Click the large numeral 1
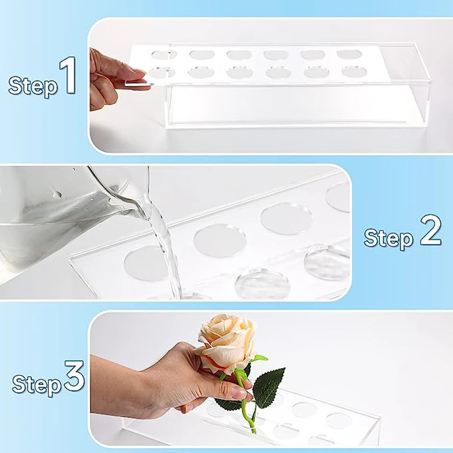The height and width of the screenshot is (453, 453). [68, 75]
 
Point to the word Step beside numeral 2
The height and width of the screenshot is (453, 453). [388, 238]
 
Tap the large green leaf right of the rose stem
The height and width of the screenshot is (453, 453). [268, 388]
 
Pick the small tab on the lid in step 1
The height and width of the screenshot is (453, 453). [138, 83]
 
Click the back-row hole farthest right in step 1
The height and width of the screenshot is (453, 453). [349, 54]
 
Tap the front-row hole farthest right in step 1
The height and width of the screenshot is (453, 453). [354, 72]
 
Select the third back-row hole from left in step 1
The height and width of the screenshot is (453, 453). [239, 55]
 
